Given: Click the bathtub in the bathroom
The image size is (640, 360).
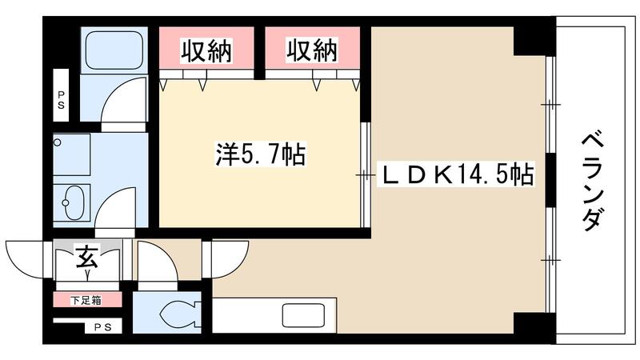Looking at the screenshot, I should point(115,50).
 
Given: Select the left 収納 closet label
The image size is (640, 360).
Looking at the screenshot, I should point(206,52).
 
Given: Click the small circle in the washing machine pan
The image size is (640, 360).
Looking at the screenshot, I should point(58,143).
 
